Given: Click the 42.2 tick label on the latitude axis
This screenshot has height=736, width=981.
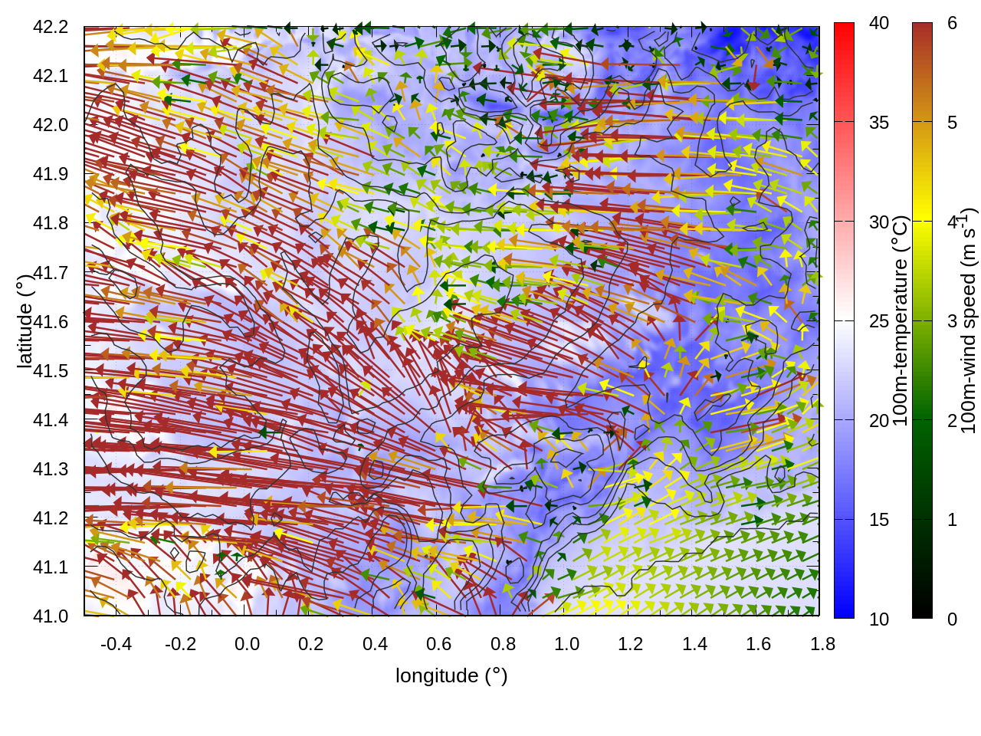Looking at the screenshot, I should [51, 27].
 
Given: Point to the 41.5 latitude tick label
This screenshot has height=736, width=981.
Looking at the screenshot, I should [51, 371].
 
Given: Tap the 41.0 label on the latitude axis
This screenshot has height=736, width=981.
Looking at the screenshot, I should [51, 616].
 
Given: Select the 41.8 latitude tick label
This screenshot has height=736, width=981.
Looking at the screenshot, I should [51, 223].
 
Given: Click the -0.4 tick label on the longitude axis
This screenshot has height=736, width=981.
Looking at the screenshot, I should [116, 644].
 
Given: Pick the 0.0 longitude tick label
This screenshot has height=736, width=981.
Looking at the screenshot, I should [247, 644].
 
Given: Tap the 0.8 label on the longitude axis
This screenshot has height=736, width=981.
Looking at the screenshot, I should [503, 644].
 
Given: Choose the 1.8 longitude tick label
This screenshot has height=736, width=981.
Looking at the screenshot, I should [822, 644].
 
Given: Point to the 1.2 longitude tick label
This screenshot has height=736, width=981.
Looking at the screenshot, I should [631, 644].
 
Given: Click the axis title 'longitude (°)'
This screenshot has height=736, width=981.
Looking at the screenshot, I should [451, 675].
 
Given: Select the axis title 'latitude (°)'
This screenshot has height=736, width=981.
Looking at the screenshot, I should [25, 320].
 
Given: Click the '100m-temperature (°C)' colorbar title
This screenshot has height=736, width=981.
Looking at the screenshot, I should [901, 320].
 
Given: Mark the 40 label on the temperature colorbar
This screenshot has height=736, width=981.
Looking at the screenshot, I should [879, 24].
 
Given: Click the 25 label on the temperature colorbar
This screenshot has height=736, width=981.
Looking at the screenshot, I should [879, 321].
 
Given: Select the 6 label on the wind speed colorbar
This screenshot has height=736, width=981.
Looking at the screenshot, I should [952, 24].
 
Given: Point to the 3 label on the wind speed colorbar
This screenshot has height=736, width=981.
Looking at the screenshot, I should [952, 321].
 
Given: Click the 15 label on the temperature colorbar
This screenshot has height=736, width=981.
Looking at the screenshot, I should [879, 520].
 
